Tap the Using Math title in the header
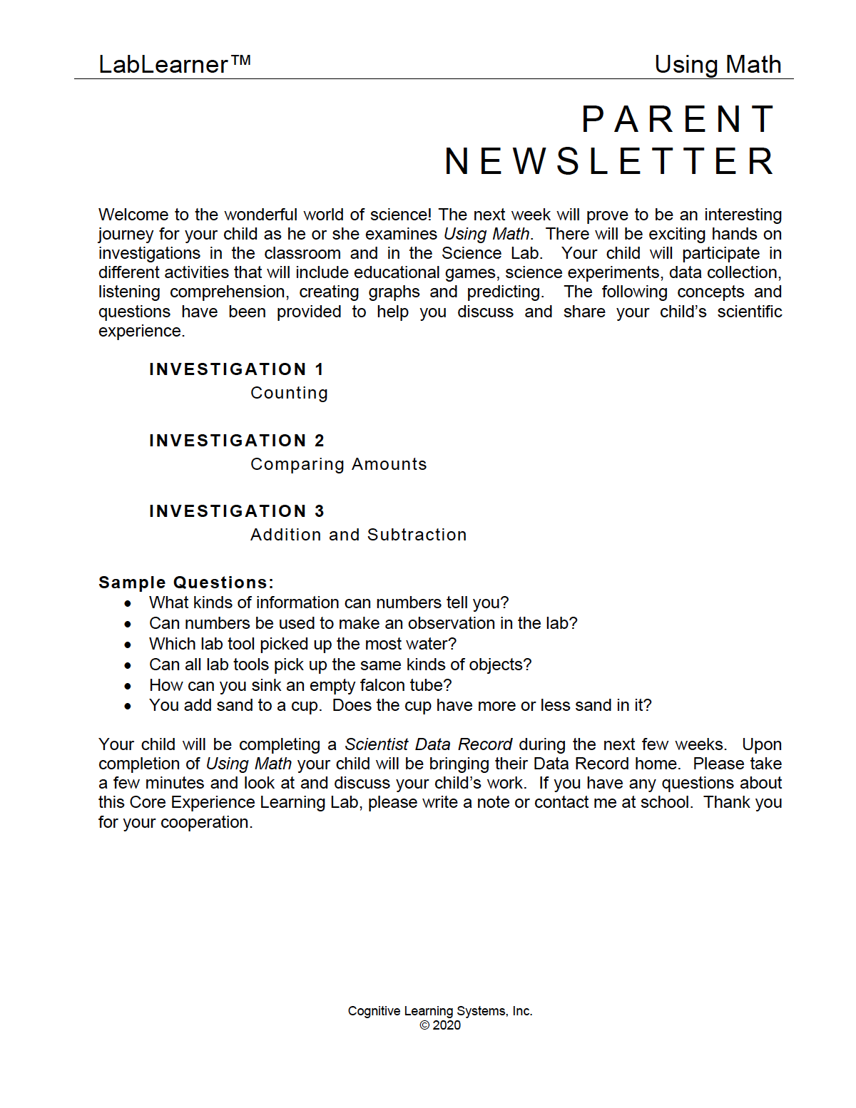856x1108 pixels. tap(718, 65)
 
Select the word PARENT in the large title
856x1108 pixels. tap(678, 119)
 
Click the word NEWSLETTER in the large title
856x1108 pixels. tap(610, 161)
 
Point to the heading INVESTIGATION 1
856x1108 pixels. tap(236, 369)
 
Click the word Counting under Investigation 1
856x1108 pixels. tap(289, 393)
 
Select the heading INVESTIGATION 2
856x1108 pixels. tap(236, 441)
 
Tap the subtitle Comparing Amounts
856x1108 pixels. tap(338, 464)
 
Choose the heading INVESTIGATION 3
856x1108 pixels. tap(236, 511)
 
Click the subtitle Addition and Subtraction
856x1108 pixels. tap(358, 535)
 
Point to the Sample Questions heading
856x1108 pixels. tap(186, 583)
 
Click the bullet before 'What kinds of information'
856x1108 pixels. tap(128, 604)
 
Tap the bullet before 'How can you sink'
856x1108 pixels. tap(128, 687)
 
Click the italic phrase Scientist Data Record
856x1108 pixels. tap(428, 744)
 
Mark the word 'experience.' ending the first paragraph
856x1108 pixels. tap(141, 332)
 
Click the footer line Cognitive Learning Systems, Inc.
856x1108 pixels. tap(440, 1011)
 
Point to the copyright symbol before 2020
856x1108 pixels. tap(424, 1025)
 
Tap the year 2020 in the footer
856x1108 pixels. tap(447, 1025)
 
